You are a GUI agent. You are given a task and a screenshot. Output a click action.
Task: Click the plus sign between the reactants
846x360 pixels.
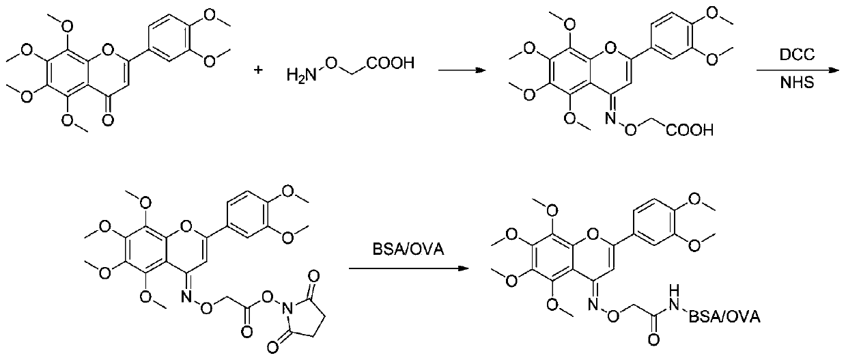(258, 70)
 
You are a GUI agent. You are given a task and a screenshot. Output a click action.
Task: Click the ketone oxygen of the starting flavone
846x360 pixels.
(107, 120)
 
